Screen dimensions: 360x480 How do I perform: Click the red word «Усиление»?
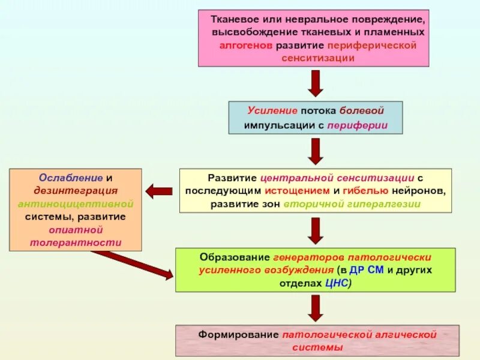[x=272, y=112]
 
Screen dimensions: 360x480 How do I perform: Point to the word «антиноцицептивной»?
[x=75, y=204]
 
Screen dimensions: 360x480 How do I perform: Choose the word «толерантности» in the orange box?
[x=75, y=243]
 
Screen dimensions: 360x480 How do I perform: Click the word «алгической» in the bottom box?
[x=406, y=334]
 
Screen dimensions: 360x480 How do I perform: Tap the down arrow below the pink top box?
[x=315, y=83]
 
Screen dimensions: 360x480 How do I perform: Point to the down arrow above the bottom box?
[x=315, y=307]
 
